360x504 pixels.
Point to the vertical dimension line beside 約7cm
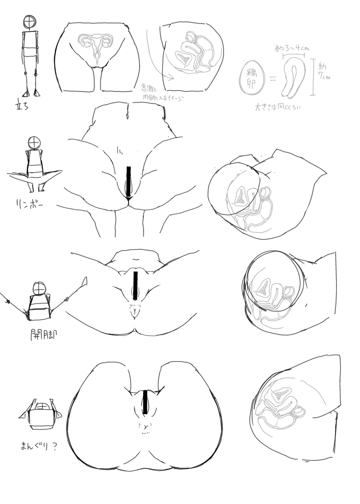click(312, 77)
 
